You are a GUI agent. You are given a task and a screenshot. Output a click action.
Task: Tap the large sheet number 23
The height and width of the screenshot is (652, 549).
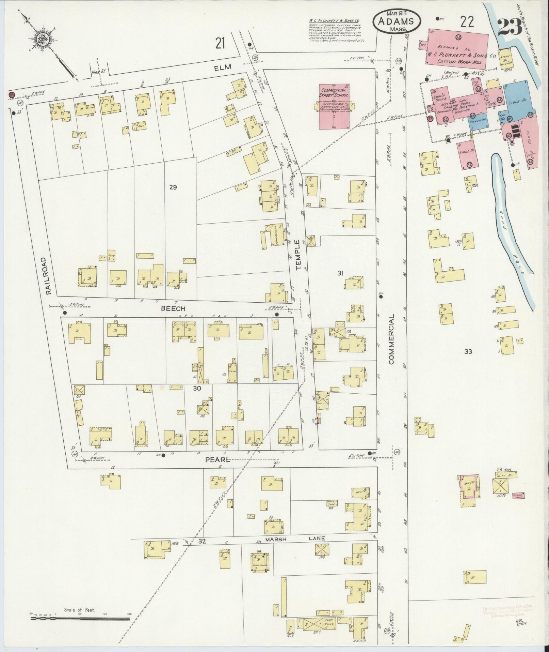[x=510, y=27]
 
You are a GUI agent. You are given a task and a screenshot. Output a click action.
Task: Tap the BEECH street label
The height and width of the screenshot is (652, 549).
[x=173, y=308]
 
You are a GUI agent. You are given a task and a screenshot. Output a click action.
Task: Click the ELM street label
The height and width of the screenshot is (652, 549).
[x=223, y=67]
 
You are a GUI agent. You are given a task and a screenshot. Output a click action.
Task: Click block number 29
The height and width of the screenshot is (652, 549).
[x=173, y=187]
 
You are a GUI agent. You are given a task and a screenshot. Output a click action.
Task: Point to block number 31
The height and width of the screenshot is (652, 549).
[x=340, y=273]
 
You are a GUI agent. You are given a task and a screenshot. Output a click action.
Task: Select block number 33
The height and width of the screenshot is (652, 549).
[x=468, y=352]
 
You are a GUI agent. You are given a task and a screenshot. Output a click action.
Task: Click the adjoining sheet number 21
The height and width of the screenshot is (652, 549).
[x=220, y=43]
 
